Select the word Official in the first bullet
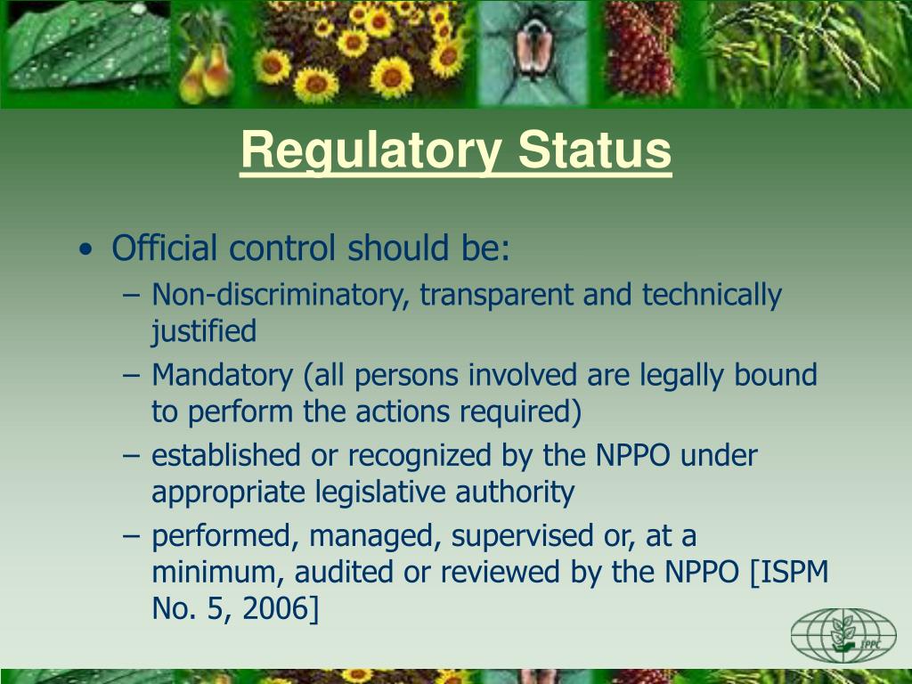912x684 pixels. tap(165, 248)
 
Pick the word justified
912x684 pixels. tap(203, 332)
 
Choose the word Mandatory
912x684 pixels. tap(222, 376)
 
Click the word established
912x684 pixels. tap(226, 456)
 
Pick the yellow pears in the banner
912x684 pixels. tap(207, 76)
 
